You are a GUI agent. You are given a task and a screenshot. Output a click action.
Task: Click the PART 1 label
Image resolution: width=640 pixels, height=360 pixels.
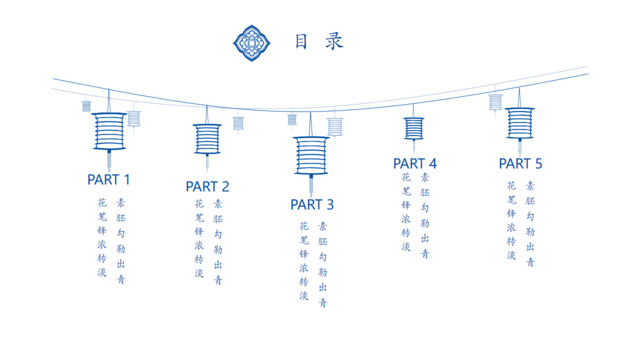pos(109,180)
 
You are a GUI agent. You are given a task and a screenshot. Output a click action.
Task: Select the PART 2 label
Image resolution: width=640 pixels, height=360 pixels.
pos(207,186)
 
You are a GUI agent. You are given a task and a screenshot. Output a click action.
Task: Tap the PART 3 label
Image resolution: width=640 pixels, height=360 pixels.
pos(312,205)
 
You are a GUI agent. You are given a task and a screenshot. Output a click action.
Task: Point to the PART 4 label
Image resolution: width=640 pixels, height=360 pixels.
pos(414,163)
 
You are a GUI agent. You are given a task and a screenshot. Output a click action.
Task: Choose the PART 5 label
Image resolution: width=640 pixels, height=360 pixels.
pos(520,163)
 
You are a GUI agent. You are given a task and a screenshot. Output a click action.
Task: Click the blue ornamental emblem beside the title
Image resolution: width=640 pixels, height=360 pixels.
pos(252,41)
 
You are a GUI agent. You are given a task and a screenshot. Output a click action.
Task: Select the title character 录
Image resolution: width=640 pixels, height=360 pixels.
pos(334,41)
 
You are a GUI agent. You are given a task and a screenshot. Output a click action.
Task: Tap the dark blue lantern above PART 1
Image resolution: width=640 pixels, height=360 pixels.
pos(109,131)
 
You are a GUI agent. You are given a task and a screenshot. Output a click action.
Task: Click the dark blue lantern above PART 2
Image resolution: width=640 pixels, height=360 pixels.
pos(207,138)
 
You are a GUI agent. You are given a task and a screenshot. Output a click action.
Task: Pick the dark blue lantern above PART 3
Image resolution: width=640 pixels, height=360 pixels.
pos(311,156)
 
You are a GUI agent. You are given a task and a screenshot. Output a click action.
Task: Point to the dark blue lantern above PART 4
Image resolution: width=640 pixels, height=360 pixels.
pos(414,128)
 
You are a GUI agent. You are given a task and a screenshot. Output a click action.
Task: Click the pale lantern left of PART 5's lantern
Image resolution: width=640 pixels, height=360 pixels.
pos(495,101)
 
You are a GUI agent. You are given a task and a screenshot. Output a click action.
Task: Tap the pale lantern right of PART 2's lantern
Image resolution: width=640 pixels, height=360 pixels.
pos(238,123)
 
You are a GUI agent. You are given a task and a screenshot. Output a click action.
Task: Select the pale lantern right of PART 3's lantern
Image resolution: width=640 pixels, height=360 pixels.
pos(335,126)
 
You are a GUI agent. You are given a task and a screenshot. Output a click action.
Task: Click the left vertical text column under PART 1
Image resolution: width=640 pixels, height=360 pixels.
pos(101,237)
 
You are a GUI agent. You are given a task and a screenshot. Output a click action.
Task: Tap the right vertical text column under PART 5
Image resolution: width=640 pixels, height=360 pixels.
pos(530,224)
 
